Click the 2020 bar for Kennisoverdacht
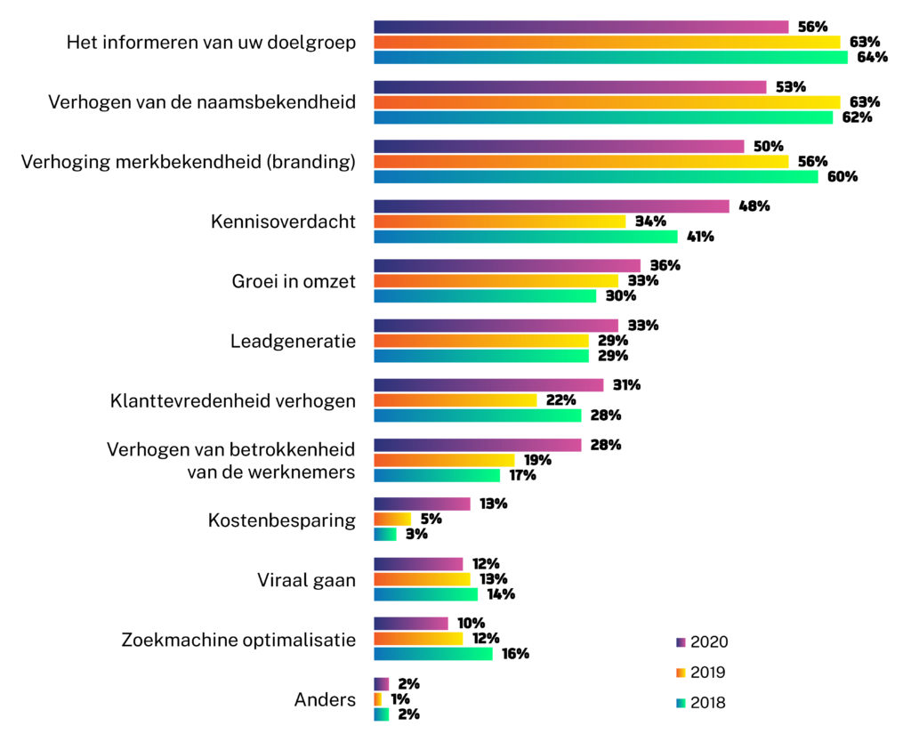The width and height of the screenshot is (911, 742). click(x=552, y=206)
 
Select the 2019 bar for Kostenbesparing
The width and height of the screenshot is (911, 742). click(x=392, y=519)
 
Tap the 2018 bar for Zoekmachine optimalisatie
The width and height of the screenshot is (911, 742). click(x=433, y=654)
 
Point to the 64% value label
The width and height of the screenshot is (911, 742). click(x=872, y=58)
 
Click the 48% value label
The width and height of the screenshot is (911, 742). click(x=754, y=206)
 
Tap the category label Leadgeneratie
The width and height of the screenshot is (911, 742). click(x=293, y=341)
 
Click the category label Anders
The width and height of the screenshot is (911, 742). click(x=325, y=700)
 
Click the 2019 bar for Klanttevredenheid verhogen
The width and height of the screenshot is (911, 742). click(x=455, y=400)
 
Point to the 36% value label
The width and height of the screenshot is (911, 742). click(x=665, y=266)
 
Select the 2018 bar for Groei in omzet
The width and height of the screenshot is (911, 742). click(x=485, y=295)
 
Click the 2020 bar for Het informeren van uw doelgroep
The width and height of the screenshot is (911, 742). click(x=581, y=27)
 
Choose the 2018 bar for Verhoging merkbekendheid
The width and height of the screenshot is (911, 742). click(x=596, y=176)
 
